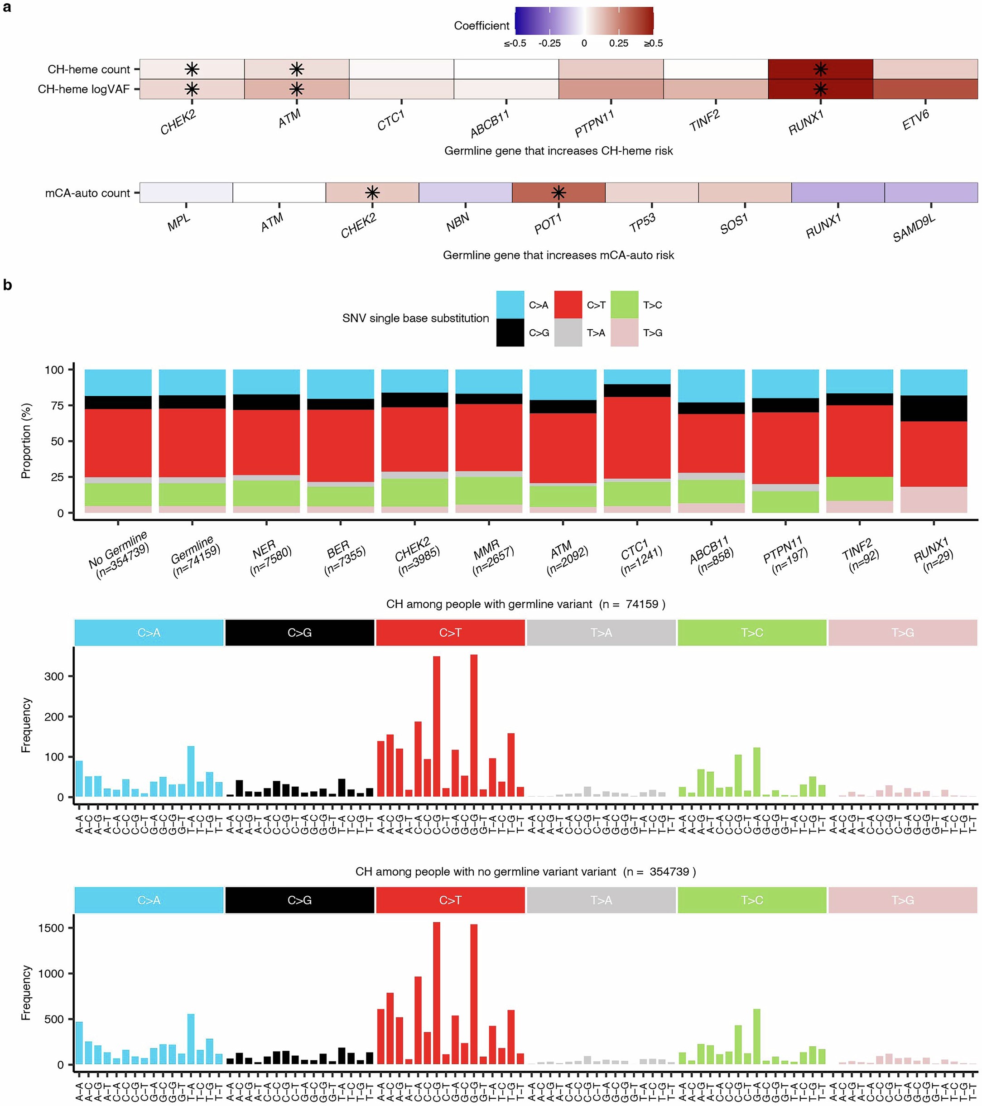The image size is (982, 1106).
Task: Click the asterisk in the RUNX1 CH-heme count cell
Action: coord(820,69)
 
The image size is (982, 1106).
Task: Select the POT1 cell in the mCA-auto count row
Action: coord(558,192)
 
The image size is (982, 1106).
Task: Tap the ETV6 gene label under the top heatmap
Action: coord(915,120)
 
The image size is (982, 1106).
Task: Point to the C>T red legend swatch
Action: coord(568,305)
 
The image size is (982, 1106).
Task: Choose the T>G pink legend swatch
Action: coord(624,333)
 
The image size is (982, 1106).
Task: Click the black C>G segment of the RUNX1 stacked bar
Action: coord(933,409)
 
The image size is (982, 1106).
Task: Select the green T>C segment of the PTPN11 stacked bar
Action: coord(785,502)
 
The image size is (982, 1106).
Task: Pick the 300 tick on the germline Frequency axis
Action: coord(54,676)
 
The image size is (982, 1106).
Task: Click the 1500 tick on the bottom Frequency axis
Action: coord(51,928)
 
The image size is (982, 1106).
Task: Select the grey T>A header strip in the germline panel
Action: coord(601,633)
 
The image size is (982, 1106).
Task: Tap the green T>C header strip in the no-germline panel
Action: coord(751,900)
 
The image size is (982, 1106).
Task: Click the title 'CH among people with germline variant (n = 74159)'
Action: coord(525,604)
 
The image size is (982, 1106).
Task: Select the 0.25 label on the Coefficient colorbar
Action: coord(618,43)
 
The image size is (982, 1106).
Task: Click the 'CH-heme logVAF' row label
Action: coord(83,89)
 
